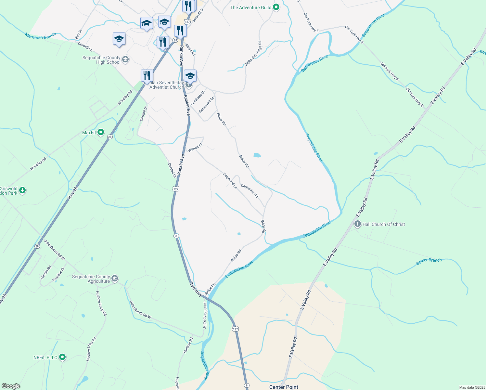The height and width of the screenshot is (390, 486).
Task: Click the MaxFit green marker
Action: coord(101,132)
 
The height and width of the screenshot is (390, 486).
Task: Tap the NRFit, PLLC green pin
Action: coord(62,357)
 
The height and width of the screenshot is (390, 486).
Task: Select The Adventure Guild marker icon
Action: coord(276,7)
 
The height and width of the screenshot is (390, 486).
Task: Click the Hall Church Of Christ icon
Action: coord(358,224)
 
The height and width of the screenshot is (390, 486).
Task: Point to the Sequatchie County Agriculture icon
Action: coord(115,279)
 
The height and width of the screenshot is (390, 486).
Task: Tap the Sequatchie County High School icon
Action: coord(126,59)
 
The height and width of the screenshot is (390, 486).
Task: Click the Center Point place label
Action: coord(284,387)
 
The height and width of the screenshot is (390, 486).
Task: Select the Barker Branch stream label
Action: coord(429,262)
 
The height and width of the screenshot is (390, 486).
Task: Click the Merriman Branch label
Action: coord(40,36)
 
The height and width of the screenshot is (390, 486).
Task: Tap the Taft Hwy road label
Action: coord(196,289)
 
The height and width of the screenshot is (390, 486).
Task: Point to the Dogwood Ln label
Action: coord(230,181)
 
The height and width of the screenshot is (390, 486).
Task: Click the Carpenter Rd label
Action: coord(249,191)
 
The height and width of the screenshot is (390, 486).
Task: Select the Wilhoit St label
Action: coord(195,148)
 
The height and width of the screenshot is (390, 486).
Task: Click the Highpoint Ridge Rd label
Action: coord(253,54)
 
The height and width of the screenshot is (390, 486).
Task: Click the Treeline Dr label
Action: coord(58,274)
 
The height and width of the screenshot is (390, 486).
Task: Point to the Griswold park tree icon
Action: coord(22,190)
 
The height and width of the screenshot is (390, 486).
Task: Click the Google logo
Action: coord(11,386)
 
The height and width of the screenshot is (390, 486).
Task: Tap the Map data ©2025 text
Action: coord(472,387)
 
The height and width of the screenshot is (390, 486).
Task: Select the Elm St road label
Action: coord(78,34)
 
